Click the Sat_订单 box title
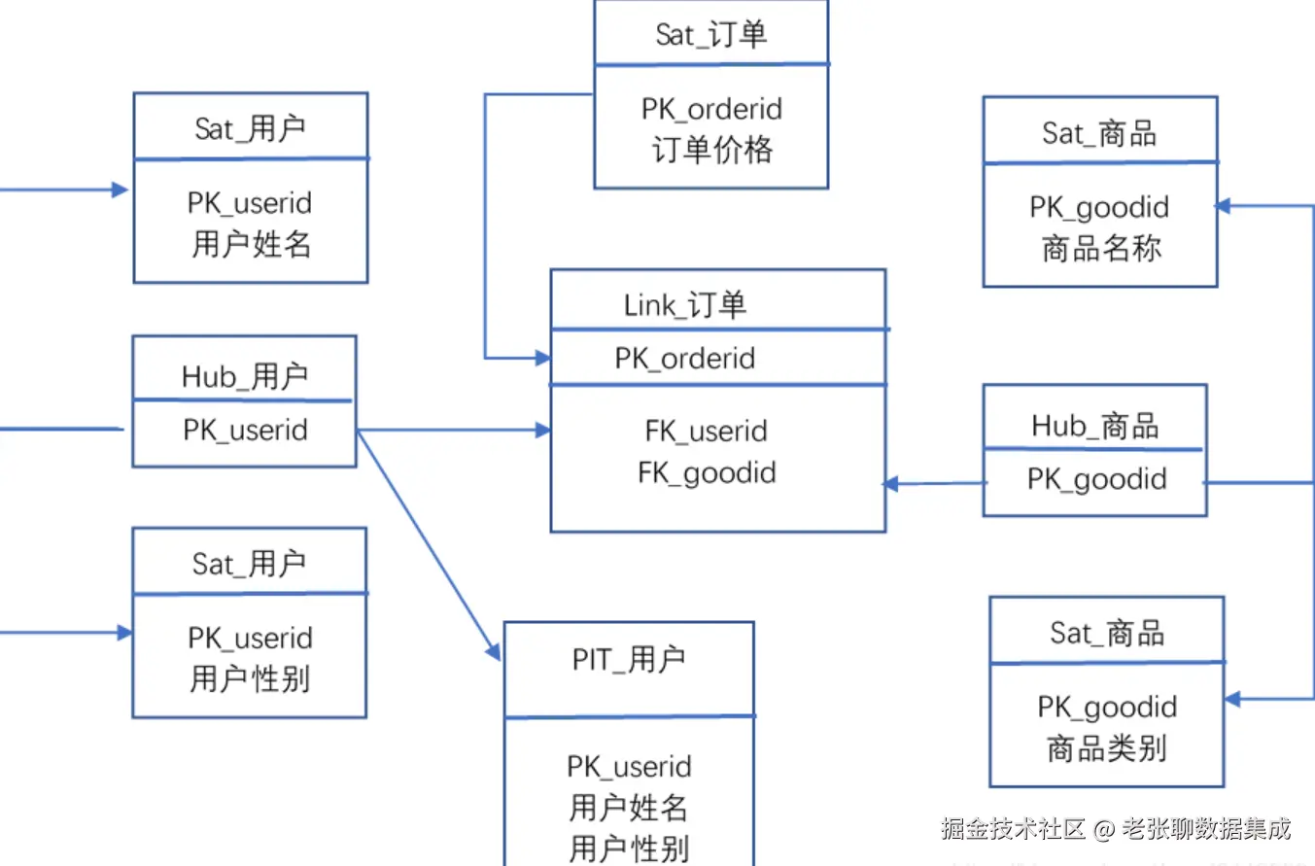pos(710,34)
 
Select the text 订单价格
pos(712,150)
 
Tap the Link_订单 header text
pos(684,305)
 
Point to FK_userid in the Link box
pos(707,431)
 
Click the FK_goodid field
pos(707,473)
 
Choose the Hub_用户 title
pos(245,376)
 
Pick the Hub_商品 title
pos(1095,426)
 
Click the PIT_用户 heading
pos(629,659)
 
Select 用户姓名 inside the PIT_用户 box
pos(628,808)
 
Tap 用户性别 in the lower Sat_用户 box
pos(250,679)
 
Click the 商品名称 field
pos(1101,249)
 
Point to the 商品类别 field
pos(1107,748)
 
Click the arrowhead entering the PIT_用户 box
pos(493,651)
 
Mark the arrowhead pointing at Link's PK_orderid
pos(543,358)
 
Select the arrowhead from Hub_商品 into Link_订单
pos(891,484)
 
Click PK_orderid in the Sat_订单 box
pos(711,109)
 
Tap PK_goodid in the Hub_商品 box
pos(1096,480)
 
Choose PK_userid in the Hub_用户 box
pos(245,430)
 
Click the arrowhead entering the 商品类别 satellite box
pos(1232,699)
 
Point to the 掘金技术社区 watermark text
pos(1014,828)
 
